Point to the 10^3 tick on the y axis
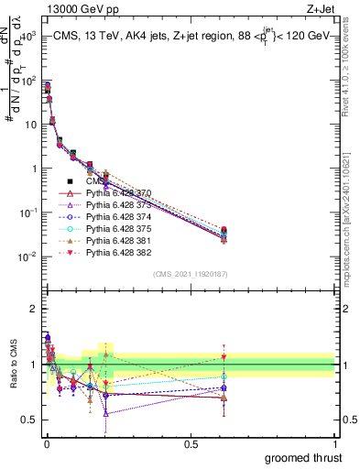pyautogui.click(x=27, y=35)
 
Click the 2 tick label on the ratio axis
pyautogui.click(x=34, y=309)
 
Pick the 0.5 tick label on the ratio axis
pyautogui.click(x=30, y=420)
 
